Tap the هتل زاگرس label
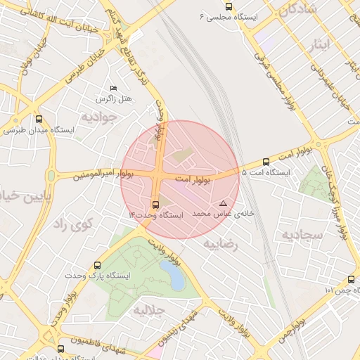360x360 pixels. [115, 98]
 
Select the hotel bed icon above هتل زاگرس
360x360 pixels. [114, 87]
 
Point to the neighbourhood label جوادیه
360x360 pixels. [96, 117]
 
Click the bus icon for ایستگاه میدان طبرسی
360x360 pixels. [39, 119]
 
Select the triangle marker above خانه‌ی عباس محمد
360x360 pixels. [223, 202]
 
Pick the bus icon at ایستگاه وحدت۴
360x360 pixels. [155, 204]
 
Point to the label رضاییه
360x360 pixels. [221, 244]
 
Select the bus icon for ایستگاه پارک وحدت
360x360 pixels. [96, 266]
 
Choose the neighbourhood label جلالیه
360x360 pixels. [149, 309]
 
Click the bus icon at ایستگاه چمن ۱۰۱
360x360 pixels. [351, 280]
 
